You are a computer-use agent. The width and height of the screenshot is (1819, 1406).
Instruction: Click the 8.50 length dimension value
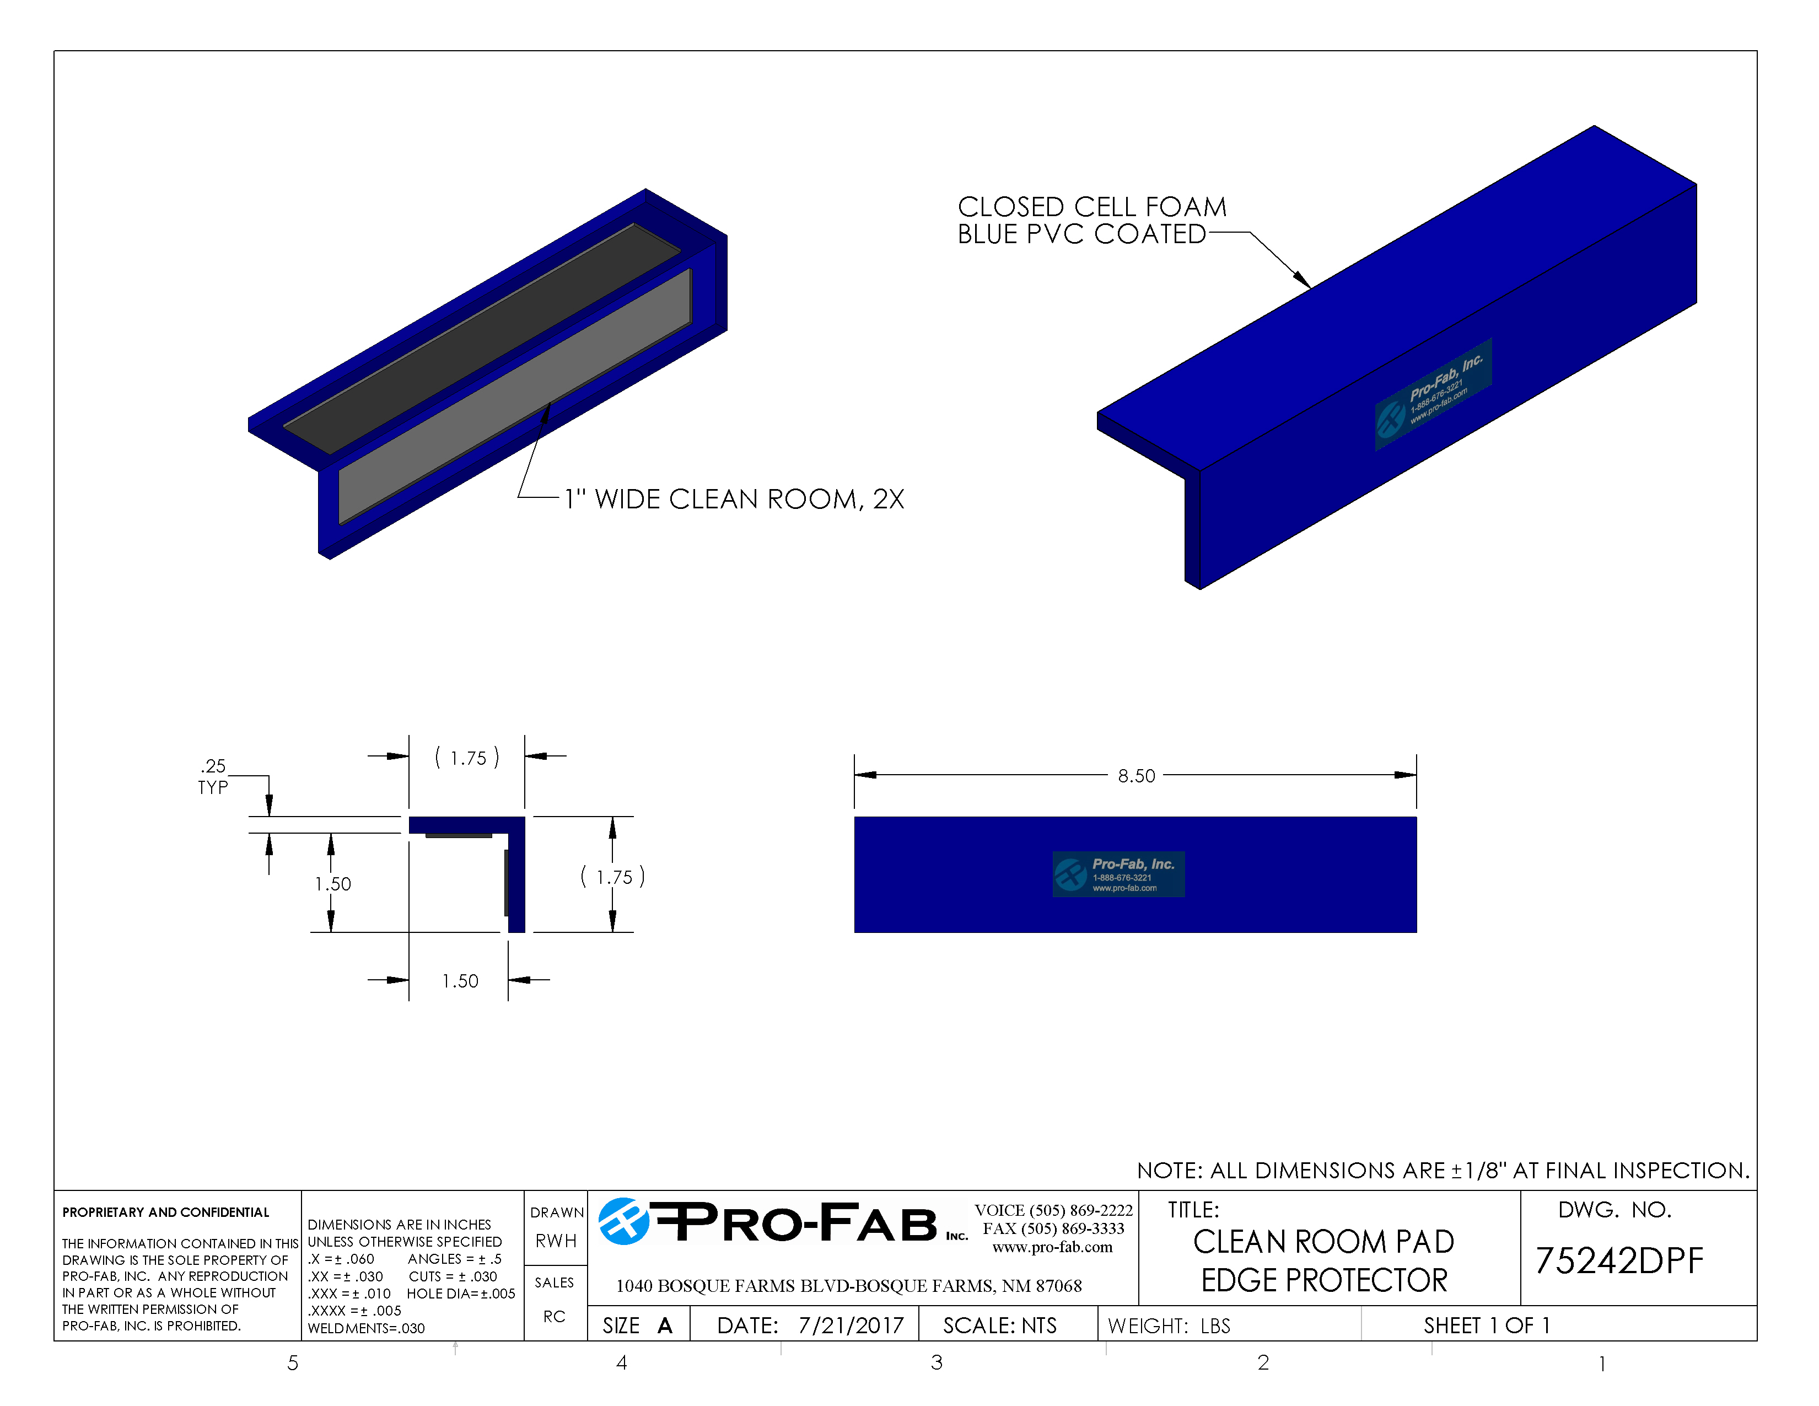tap(1136, 775)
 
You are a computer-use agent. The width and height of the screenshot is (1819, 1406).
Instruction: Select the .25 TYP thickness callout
tap(213, 776)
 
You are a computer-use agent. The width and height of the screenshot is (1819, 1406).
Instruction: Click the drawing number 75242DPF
tap(1618, 1261)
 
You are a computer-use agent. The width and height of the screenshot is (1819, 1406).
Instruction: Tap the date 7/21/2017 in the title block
tap(851, 1325)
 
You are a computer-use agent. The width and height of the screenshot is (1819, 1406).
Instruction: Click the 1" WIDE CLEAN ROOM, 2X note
tap(734, 499)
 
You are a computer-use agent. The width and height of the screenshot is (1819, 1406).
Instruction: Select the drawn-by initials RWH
tap(556, 1241)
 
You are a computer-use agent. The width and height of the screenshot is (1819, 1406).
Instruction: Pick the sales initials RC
tap(554, 1317)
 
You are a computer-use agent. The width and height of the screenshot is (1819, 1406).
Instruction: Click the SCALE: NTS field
tap(999, 1325)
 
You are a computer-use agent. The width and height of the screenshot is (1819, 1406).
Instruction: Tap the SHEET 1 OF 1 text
tap(1486, 1325)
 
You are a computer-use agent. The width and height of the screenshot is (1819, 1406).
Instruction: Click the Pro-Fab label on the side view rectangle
tap(1118, 874)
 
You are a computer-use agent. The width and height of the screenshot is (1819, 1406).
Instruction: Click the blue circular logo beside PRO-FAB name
tap(623, 1222)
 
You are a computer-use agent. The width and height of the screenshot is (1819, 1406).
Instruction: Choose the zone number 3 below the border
tap(936, 1362)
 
